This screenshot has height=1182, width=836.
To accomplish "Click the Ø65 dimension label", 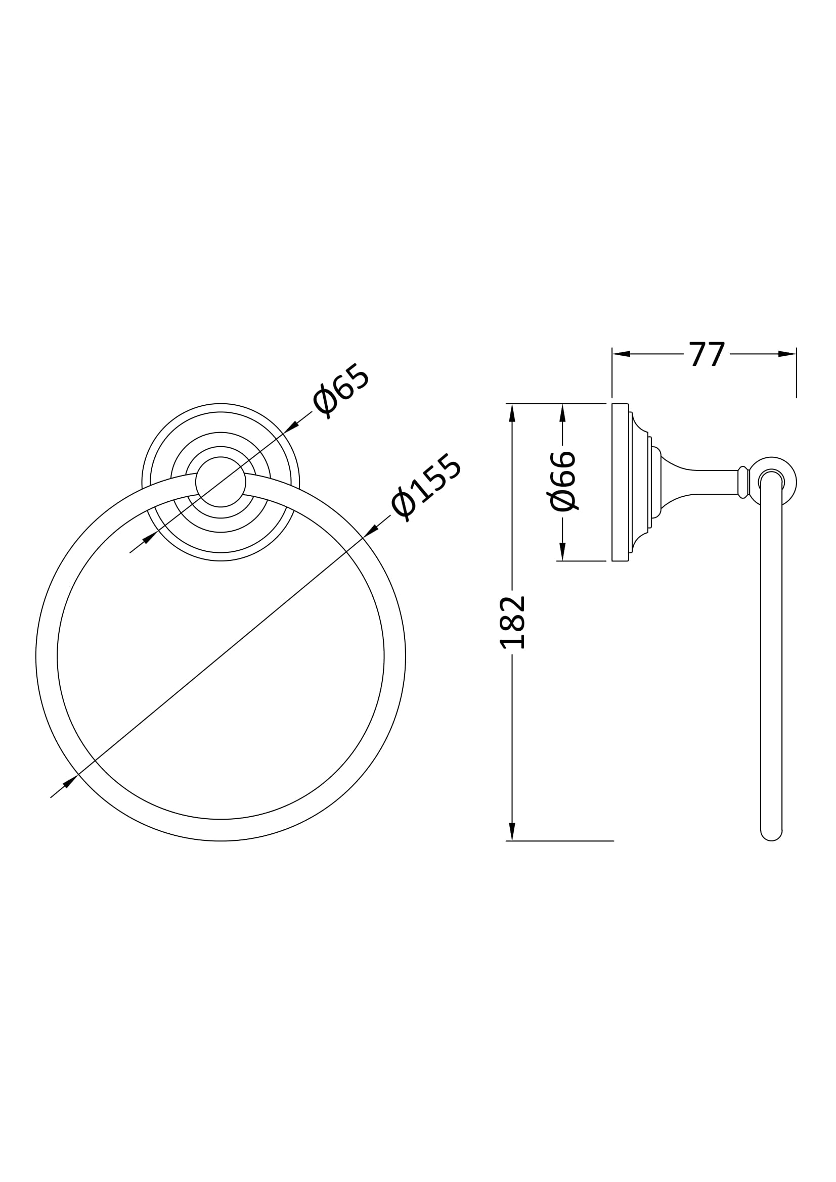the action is (x=341, y=391).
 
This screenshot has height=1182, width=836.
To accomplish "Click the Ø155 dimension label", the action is (x=426, y=487).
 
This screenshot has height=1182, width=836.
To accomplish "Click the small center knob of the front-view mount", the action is (x=221, y=482).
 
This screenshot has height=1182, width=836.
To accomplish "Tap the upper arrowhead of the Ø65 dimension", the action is (x=291, y=425).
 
